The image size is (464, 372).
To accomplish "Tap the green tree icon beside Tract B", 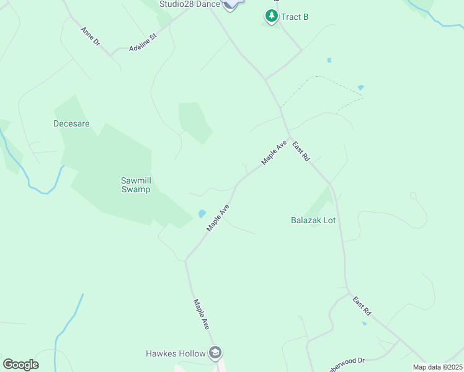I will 271,15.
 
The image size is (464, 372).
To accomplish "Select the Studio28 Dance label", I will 190,4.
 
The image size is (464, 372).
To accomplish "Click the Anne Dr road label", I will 90,37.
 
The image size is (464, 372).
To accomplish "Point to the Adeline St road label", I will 144,43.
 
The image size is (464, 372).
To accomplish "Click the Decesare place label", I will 71,123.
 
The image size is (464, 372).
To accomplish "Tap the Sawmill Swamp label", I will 135,185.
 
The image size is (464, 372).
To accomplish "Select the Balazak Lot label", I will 313,219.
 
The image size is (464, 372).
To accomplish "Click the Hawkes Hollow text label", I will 176,353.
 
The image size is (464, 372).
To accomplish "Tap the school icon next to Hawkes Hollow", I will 215,353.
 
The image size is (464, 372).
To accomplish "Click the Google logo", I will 20,365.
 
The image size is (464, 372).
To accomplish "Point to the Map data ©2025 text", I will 437,367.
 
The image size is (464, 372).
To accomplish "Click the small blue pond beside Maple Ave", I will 202,214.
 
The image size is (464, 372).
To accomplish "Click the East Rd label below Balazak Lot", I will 362,306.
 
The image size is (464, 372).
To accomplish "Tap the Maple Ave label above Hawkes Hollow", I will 201,315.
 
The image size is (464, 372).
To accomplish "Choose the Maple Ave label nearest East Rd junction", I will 274,152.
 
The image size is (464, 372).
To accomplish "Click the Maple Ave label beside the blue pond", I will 218,218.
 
